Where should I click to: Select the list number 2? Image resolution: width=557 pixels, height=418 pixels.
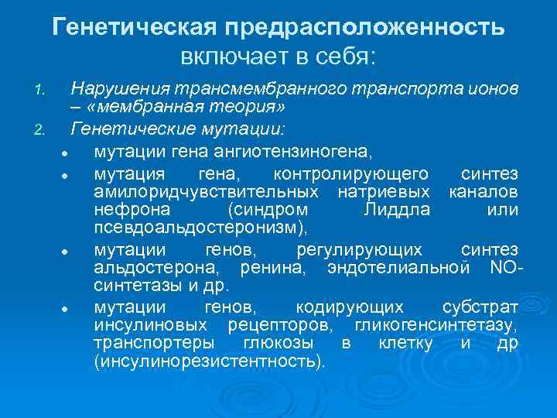(44, 127)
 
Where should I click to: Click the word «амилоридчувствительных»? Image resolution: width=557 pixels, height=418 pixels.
(205, 190)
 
